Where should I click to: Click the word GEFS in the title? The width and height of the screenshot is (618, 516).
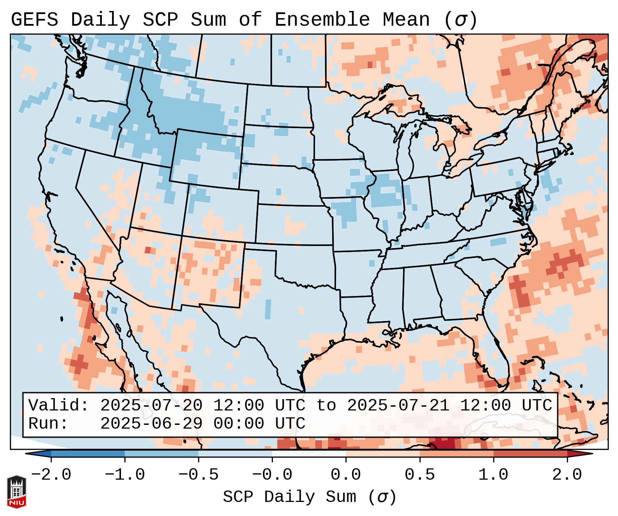click(34, 20)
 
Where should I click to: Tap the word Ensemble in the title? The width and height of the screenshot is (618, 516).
click(322, 20)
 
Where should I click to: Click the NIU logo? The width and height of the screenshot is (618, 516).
click(16, 491)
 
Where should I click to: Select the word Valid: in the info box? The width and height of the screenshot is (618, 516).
click(59, 406)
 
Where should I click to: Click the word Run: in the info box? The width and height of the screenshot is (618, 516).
click(48, 424)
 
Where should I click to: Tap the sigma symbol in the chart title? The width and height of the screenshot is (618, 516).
click(460, 20)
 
